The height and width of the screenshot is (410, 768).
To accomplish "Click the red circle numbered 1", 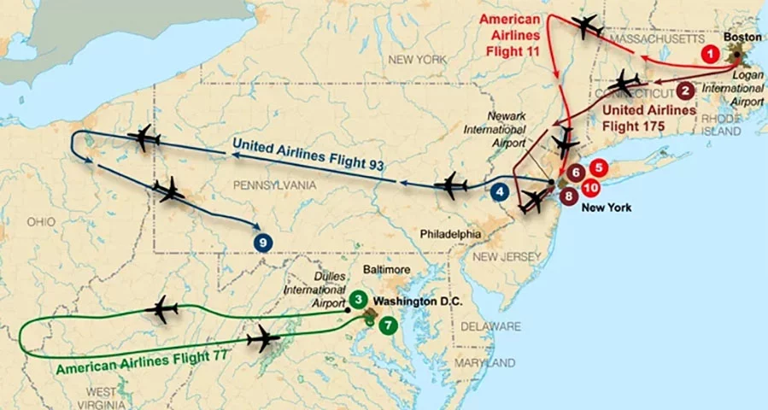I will coord(708,53).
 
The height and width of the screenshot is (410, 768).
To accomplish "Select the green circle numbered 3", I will coord(359,299).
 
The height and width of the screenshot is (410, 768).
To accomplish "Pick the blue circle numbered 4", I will coord(500,193).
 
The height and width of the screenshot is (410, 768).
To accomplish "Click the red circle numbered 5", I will coord(600,168).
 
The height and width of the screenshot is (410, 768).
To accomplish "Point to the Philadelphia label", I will coord(451,231).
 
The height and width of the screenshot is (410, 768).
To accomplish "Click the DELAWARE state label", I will coord(490,326).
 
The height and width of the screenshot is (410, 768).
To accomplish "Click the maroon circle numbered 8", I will coord(570,196).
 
